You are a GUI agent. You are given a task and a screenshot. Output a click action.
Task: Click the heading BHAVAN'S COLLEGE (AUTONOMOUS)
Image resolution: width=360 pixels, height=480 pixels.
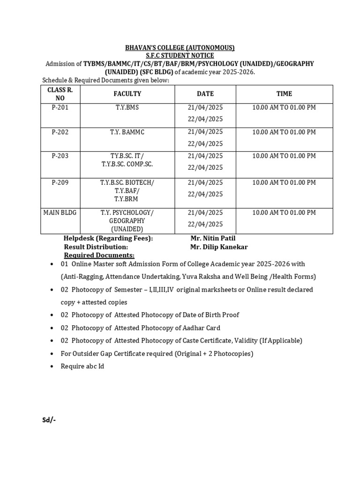click(180, 48)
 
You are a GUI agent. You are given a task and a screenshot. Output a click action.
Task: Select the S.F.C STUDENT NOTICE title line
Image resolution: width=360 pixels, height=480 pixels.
click(180, 56)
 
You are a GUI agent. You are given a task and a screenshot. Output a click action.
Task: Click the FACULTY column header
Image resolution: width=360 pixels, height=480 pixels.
click(127, 94)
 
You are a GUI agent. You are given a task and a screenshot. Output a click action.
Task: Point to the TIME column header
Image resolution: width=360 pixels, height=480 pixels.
click(284, 94)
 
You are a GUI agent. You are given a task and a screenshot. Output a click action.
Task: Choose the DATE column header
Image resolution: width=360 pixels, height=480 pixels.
click(205, 94)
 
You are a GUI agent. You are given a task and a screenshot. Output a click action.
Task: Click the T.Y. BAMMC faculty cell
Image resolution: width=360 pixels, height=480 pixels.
click(127, 132)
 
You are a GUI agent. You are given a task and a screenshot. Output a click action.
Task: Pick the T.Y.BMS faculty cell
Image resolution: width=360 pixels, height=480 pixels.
click(127, 107)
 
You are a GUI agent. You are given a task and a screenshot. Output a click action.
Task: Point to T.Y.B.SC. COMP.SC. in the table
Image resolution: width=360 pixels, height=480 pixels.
click(127, 165)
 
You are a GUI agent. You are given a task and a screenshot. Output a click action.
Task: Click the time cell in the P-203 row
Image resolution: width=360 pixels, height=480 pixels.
click(284, 156)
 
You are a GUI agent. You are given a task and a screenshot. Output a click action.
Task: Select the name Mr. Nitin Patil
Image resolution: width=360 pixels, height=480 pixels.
click(212, 239)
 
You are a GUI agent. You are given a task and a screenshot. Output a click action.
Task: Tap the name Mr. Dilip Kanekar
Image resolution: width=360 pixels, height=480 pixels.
click(218, 247)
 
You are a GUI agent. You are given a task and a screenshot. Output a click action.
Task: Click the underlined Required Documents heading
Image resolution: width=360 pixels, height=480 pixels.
click(99, 255)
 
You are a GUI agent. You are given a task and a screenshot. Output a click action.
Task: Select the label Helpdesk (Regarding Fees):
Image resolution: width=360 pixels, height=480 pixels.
click(108, 239)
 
